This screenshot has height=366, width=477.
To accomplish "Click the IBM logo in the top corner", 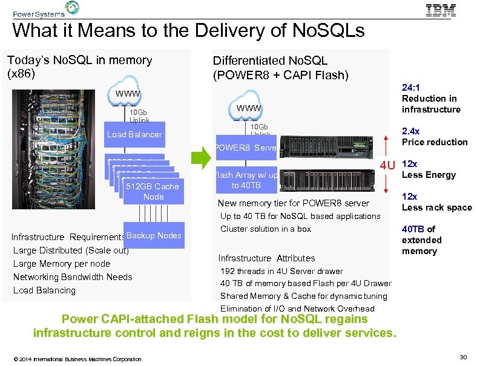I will [441, 10].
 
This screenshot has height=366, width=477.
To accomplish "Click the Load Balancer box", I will [134, 134].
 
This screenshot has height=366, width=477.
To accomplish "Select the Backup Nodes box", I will [154, 235].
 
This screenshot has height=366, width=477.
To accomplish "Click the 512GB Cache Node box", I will [153, 191].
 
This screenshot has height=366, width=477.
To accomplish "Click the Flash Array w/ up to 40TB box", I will [246, 180].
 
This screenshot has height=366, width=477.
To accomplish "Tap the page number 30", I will [463, 358].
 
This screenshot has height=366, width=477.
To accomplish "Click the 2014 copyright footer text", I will [77, 359].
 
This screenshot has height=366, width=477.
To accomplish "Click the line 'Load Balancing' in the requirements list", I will [44, 290].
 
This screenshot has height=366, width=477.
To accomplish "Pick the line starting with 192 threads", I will [281, 271].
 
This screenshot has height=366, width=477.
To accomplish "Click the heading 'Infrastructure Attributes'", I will [266, 258].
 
